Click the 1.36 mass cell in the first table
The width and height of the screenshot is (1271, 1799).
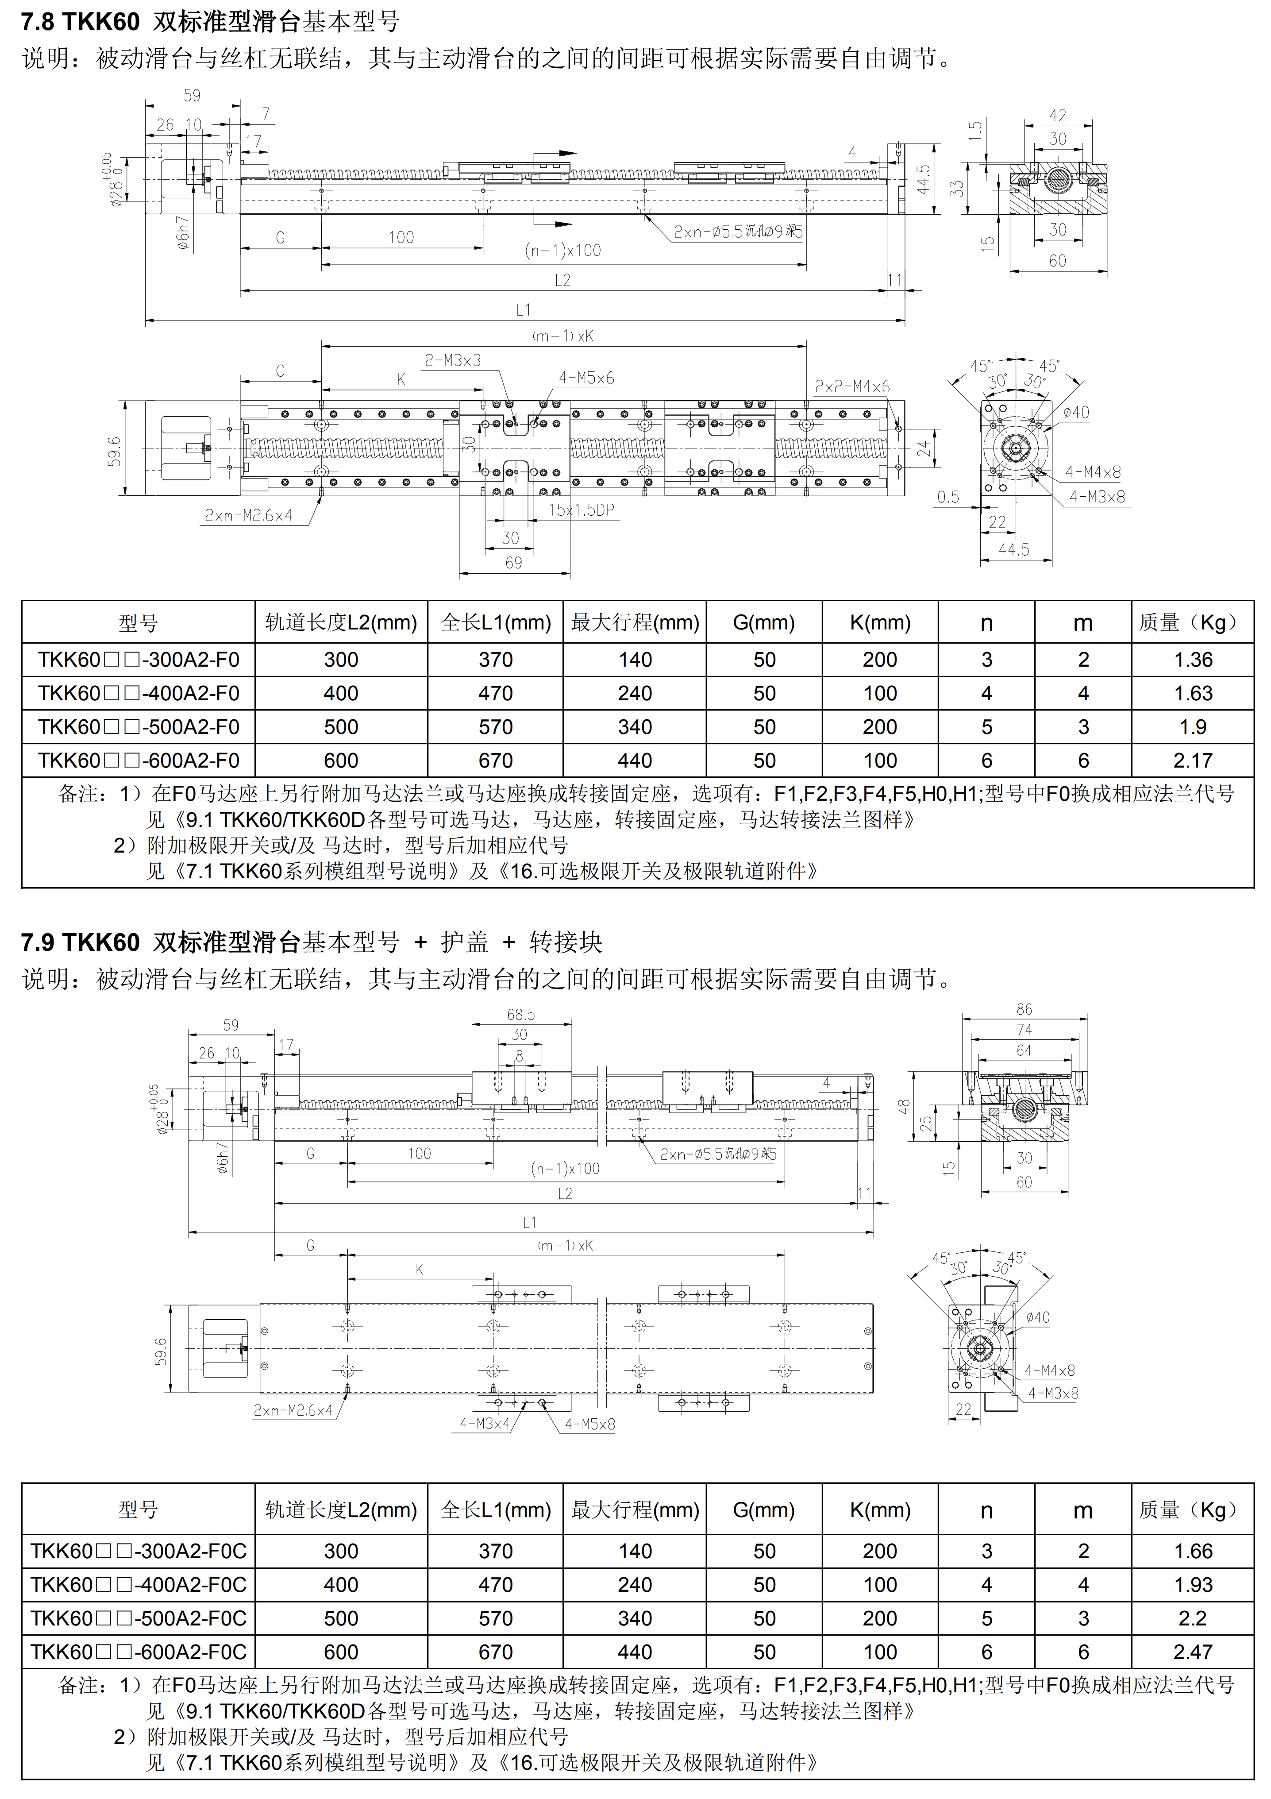tap(1193, 660)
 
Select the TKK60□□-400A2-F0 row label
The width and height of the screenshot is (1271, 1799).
tap(139, 693)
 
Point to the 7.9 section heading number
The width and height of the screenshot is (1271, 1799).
tap(38, 942)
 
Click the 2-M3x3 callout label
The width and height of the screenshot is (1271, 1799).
tap(453, 360)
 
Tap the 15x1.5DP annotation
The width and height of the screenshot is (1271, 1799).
tap(581, 510)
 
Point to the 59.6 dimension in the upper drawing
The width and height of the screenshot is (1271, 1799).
tap(114, 452)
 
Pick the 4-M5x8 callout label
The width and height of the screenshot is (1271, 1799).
tap(589, 1424)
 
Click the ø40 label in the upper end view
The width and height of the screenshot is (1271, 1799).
tap(1076, 412)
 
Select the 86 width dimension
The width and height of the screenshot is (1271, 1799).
tap(1025, 1009)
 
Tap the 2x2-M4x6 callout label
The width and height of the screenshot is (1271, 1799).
tap(852, 386)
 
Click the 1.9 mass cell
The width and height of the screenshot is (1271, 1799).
tap(1193, 727)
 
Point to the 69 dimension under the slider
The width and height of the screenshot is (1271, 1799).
tap(514, 563)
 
